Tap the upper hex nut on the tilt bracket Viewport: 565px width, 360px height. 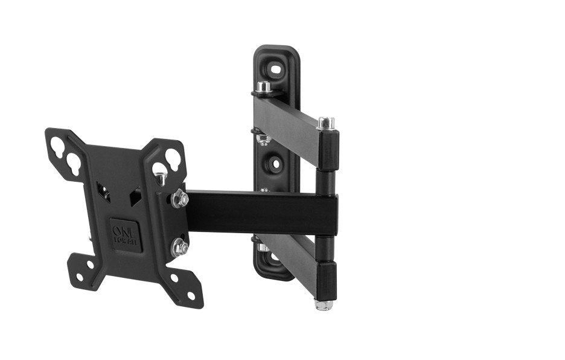click(x=179, y=199)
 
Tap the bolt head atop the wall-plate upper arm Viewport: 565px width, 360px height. click(x=263, y=87)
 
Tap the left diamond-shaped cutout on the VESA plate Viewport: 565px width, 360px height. click(x=106, y=193)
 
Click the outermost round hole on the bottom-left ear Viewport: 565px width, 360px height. click(x=79, y=277)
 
